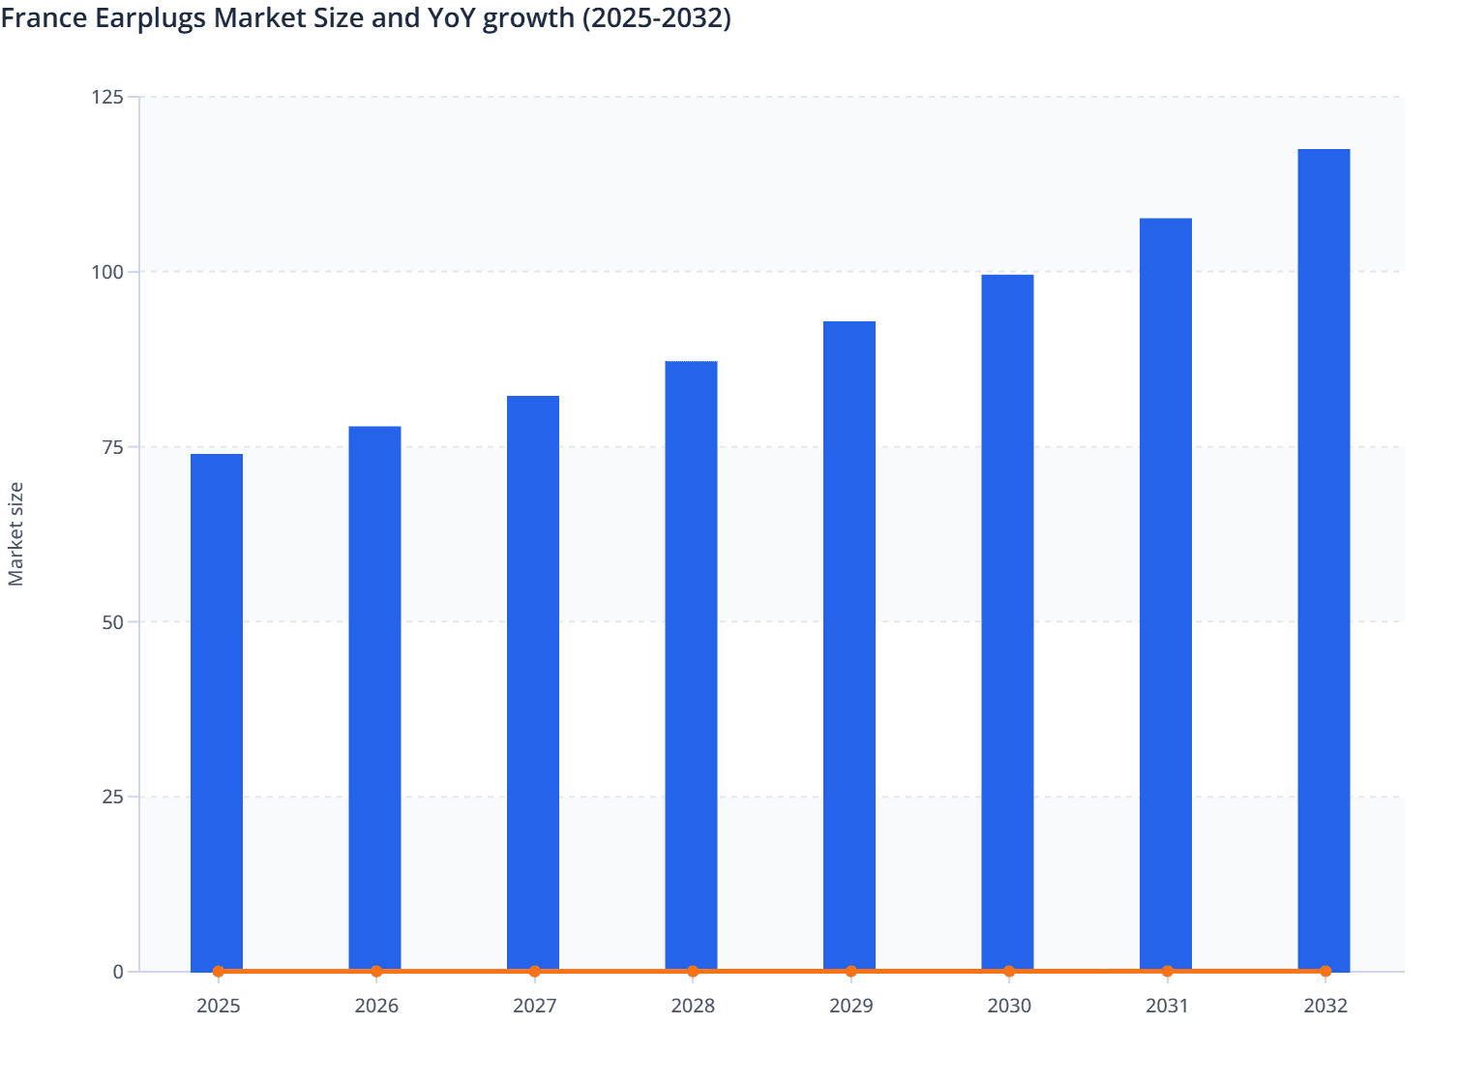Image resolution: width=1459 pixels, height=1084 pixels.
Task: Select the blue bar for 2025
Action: [217, 711]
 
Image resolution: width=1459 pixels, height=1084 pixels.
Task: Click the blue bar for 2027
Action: [533, 682]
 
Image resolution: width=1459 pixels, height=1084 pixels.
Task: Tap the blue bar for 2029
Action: [849, 646]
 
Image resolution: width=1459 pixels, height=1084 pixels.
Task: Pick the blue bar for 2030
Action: [1007, 622]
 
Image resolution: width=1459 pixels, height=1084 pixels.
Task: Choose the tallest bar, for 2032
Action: [1324, 559]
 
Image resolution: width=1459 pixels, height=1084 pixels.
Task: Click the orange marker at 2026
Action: [376, 971]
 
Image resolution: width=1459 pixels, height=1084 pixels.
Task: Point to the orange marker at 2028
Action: [693, 971]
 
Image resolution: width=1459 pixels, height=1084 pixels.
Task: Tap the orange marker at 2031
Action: [1167, 971]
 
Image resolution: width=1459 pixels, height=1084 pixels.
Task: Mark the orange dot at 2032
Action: [1325, 971]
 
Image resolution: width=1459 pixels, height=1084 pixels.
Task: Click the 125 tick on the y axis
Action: [107, 97]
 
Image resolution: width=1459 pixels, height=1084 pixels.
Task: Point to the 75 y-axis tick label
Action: [112, 447]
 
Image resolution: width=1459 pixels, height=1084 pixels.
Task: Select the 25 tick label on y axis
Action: [112, 797]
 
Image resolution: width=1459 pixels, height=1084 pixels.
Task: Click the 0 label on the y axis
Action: [118, 972]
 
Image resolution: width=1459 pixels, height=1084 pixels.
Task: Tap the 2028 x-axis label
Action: [693, 1006]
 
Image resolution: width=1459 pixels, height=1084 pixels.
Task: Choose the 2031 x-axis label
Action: [1167, 1006]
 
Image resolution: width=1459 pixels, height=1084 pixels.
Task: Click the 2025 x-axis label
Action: [219, 1006]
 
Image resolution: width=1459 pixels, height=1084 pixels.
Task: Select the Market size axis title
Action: [15, 534]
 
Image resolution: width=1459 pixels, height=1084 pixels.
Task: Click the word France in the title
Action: [44, 17]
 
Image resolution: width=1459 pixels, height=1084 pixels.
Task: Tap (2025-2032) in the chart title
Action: [656, 17]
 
